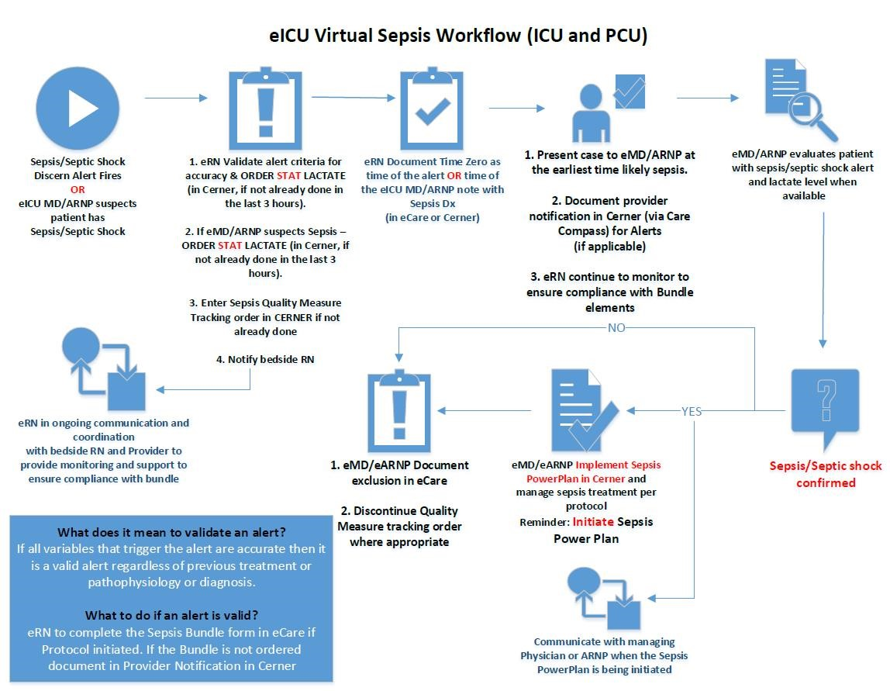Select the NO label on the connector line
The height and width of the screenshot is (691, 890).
tap(616, 327)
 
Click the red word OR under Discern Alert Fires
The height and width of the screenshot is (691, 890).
tap(78, 189)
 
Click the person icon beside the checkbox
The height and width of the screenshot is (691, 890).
tap(591, 117)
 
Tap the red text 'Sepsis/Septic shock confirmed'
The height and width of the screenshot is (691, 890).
tap(825, 474)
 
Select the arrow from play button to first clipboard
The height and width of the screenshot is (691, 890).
tap(176, 98)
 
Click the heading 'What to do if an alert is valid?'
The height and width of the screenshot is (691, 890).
tap(171, 615)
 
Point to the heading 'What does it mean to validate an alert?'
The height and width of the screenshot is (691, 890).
tap(171, 532)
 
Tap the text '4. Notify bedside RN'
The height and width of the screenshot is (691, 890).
tap(265, 359)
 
